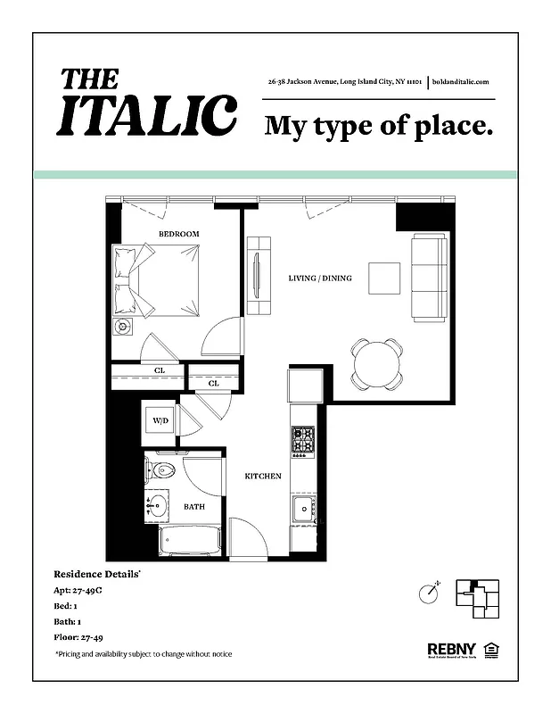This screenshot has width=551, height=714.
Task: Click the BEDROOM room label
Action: [x=178, y=234]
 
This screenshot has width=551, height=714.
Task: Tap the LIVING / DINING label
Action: [x=320, y=278]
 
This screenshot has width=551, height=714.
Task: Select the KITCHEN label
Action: [x=263, y=477]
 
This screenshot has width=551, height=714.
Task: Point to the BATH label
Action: [x=194, y=507]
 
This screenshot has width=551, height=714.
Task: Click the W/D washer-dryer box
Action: [x=160, y=419]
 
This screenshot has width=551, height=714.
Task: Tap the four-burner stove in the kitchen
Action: [x=302, y=439]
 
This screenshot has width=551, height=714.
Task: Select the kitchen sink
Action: [x=302, y=509]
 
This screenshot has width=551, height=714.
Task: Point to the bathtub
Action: [x=188, y=541]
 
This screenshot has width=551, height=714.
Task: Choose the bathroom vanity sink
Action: [x=158, y=506]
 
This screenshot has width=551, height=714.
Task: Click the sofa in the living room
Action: [x=429, y=277]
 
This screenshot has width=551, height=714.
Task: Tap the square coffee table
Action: [x=385, y=277]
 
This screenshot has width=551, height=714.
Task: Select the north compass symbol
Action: [x=431, y=592]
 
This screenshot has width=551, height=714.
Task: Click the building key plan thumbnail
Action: [x=477, y=598]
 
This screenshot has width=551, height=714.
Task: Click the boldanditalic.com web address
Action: [x=460, y=82]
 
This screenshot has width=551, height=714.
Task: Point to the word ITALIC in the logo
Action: [x=147, y=114]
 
